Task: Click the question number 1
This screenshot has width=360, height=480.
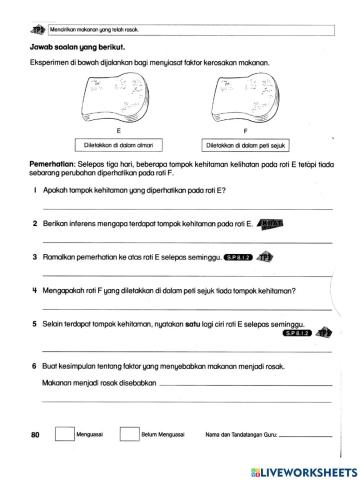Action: click(x=33, y=188)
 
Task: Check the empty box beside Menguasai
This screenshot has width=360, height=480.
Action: click(x=64, y=435)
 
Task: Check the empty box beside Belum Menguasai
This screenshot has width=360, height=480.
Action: click(x=128, y=435)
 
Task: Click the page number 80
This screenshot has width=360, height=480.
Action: click(x=36, y=436)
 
